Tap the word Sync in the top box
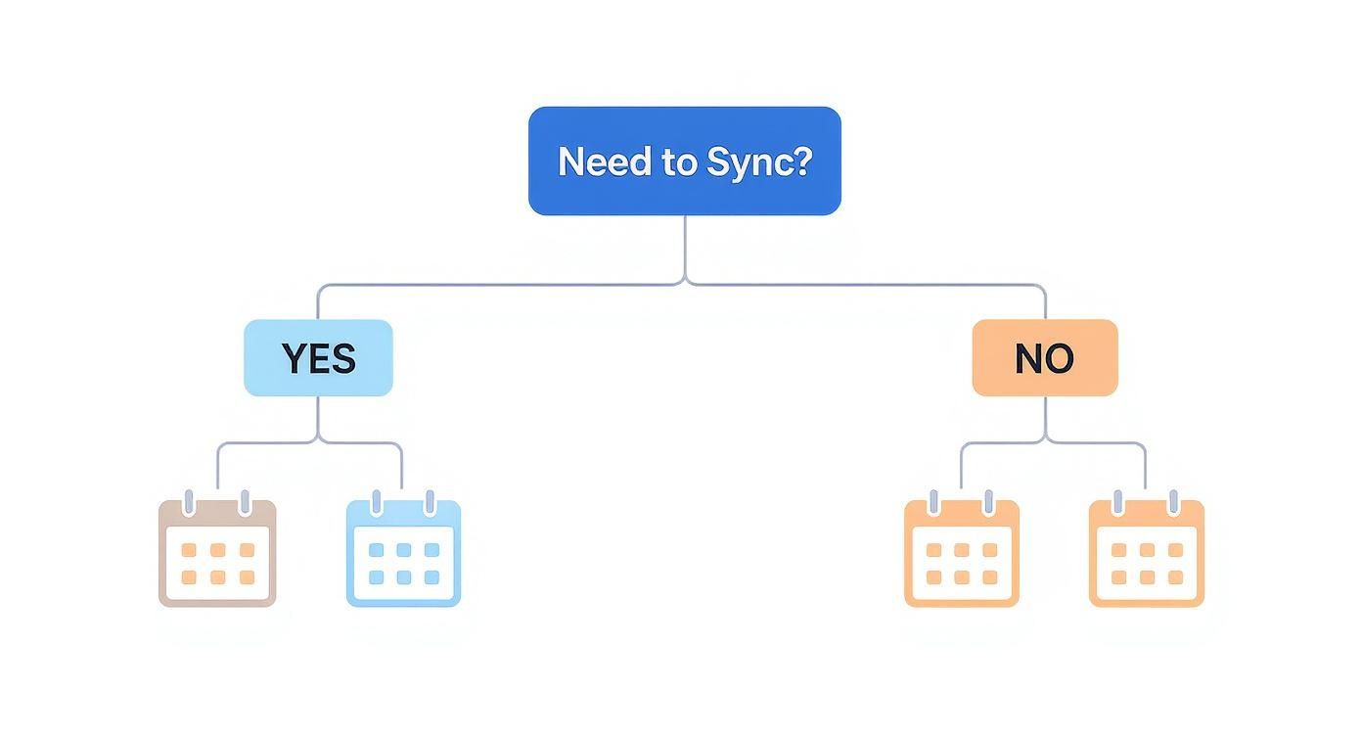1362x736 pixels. [745, 162]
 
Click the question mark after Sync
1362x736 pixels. [801, 161]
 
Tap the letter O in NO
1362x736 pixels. [1059, 358]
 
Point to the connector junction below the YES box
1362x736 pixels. [318, 441]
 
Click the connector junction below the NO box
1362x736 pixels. [1045, 441]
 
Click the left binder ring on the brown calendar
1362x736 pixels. [190, 503]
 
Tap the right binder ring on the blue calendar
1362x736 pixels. [429, 503]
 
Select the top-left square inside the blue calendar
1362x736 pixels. [376, 550]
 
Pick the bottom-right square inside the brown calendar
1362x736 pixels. [247, 577]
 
